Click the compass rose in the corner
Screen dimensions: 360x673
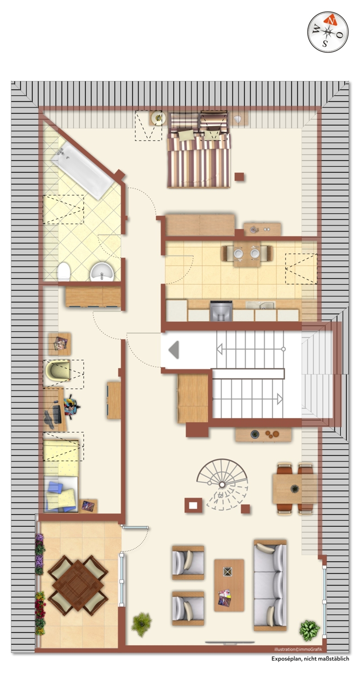coord(328,31)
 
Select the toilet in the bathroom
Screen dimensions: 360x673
coord(64,271)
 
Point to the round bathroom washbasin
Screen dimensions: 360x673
coord(102,272)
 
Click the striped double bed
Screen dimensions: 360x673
coord(198,150)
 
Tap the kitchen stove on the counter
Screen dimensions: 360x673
coord(221,311)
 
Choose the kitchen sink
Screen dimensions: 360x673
coord(260,306)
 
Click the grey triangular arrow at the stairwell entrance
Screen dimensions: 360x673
coord(174,350)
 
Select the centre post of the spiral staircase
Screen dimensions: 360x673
coord(222,484)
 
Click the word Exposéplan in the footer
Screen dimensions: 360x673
coord(287,659)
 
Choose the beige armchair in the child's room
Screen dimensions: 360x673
coord(58,370)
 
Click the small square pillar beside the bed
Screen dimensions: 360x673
coord(239,176)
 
